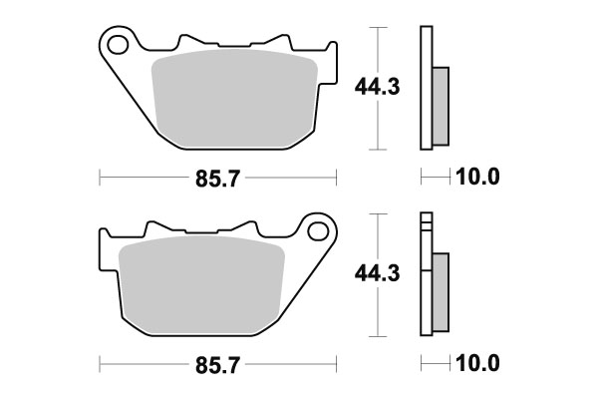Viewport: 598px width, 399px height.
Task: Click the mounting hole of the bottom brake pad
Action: (319, 231)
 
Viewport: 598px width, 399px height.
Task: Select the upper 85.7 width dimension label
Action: (218, 179)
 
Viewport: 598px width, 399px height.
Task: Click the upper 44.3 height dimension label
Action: (377, 88)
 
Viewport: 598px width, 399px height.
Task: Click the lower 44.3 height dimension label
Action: (377, 272)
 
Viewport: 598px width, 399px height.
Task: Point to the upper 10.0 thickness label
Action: (476, 179)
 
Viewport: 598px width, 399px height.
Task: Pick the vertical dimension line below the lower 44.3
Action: (377, 314)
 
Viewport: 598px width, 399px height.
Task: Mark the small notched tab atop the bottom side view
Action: (428, 221)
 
